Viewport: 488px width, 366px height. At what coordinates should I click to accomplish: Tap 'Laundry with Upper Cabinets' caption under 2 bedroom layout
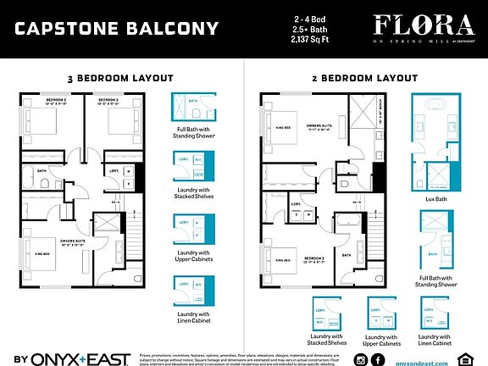[382, 341]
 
